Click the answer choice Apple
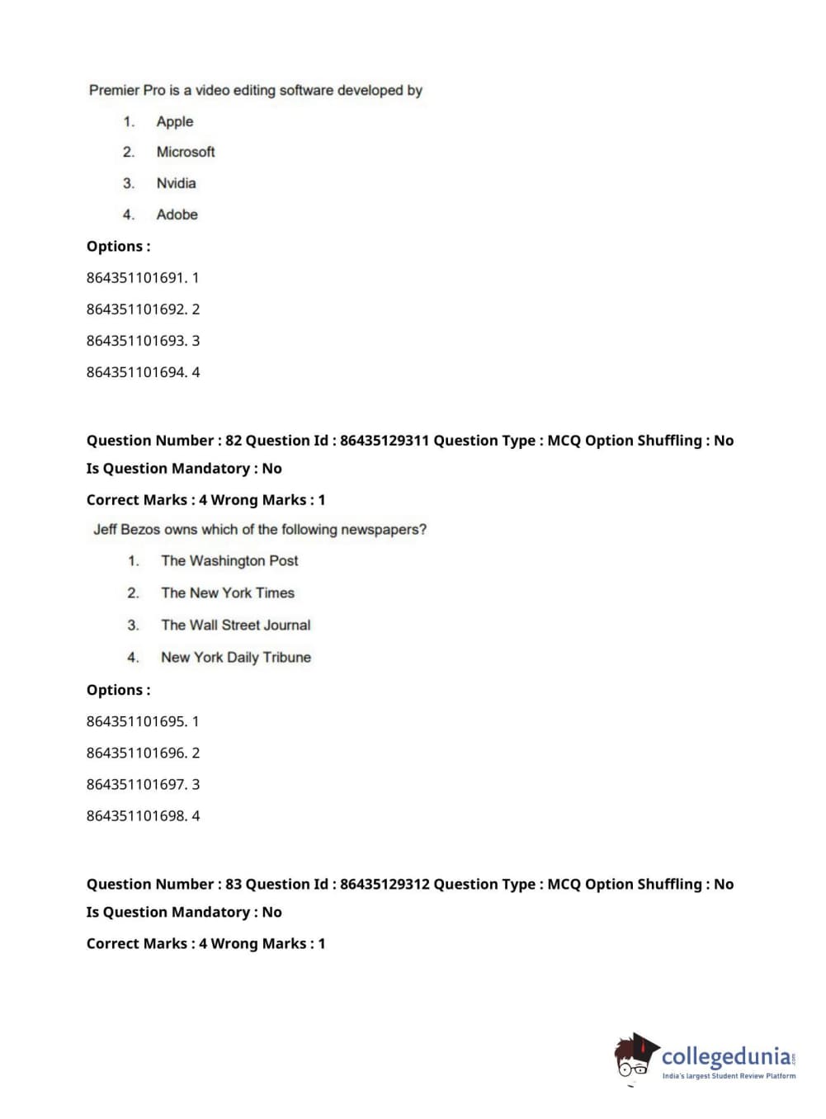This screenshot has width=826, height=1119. [175, 121]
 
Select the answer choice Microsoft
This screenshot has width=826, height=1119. [186, 152]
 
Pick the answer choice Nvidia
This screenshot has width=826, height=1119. [176, 183]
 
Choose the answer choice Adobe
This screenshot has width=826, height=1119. [177, 215]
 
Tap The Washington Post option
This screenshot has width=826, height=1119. [229, 561]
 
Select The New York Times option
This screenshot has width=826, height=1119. [228, 593]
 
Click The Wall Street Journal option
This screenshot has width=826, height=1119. [236, 626]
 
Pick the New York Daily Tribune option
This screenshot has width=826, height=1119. [236, 658]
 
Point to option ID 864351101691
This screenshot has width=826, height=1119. [136, 278]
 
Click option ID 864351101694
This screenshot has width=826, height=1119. [136, 372]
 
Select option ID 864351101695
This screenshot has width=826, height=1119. [136, 721]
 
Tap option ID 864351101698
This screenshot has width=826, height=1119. [136, 816]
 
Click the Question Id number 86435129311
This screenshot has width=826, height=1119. [385, 441]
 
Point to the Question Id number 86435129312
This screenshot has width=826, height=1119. [385, 885]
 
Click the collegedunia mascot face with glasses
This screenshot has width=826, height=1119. [634, 1062]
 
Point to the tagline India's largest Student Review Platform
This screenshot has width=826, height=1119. [729, 1076]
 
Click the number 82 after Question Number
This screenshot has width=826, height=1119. [234, 441]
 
